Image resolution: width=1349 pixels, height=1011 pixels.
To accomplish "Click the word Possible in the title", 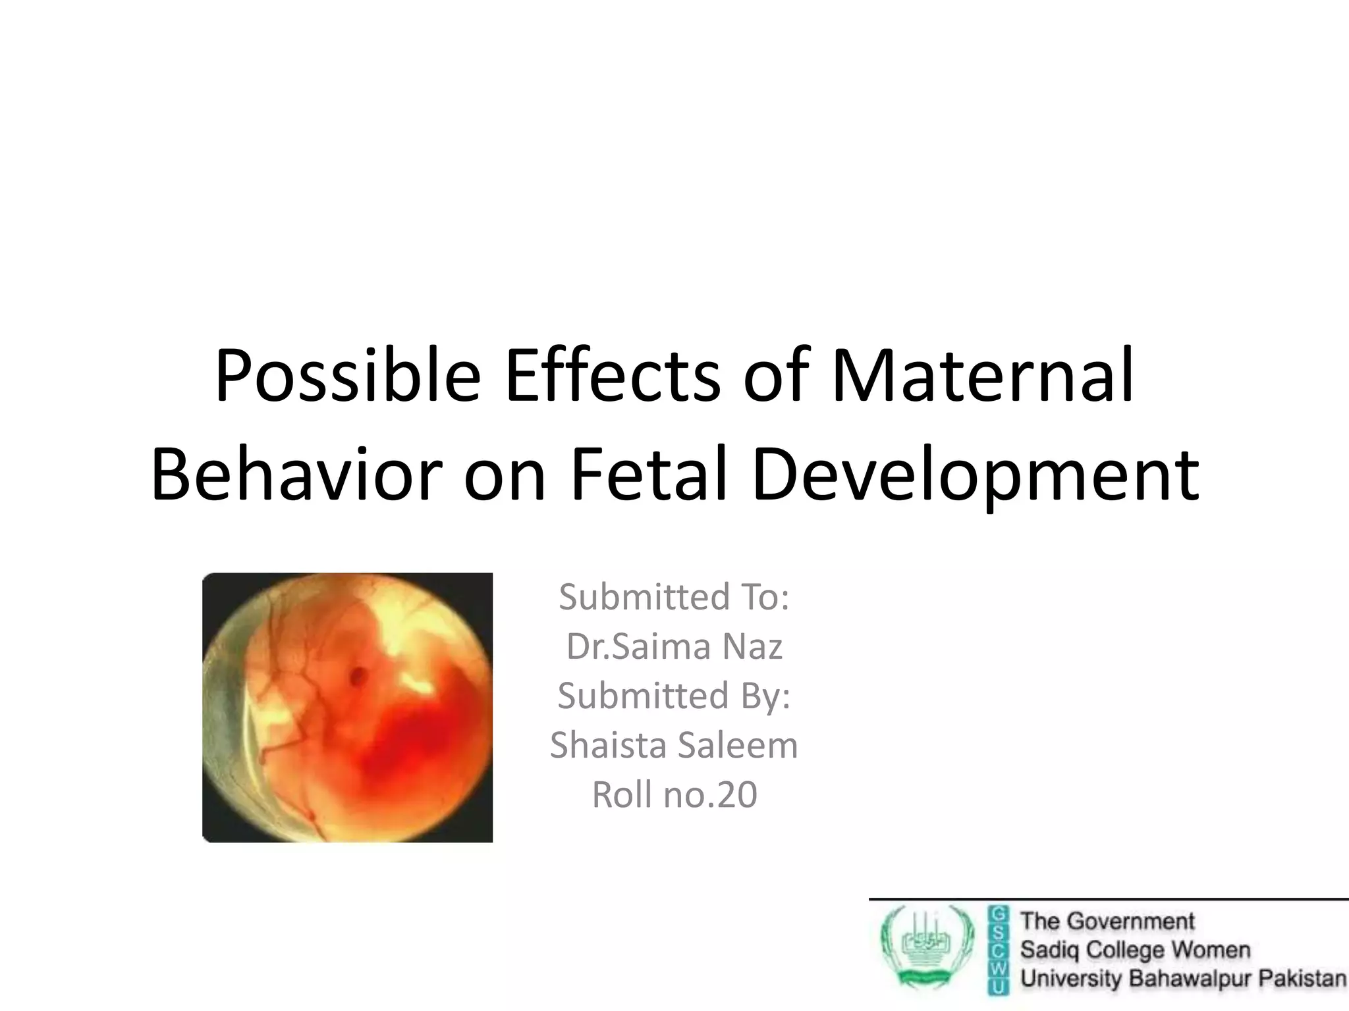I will [347, 376].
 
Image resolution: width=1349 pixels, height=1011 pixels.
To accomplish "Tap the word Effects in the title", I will [613, 376].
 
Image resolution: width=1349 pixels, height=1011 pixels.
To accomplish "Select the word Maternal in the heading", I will [983, 376].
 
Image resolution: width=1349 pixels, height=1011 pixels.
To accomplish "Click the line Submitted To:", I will [674, 597].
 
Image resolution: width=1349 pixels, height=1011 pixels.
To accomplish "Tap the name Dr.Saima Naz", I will [674, 646].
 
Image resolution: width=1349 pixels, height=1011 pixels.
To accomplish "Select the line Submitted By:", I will [674, 696].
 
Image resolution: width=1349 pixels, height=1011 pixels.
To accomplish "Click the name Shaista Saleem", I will [674, 745].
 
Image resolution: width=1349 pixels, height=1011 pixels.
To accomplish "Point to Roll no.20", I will [674, 794].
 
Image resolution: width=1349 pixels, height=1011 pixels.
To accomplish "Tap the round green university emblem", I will [927, 948].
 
